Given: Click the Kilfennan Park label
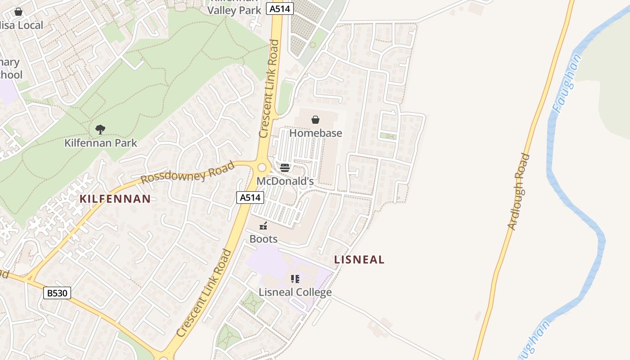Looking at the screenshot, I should (x=101, y=143).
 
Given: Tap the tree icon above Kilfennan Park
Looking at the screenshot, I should (x=100, y=130).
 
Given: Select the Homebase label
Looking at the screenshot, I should (x=315, y=133).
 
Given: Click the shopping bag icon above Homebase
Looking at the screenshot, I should (x=315, y=120).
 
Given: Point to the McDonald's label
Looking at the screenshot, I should (x=285, y=181).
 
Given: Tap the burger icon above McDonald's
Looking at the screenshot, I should (x=285, y=168).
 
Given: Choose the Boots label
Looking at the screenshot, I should (x=263, y=238).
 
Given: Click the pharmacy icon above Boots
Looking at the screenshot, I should (x=264, y=226).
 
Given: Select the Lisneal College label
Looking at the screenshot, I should (x=295, y=292).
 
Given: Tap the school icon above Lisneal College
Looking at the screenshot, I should (x=295, y=279).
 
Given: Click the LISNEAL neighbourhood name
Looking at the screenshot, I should (x=359, y=259).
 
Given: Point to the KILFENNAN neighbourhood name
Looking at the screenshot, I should (x=115, y=199).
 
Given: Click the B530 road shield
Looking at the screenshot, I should (x=58, y=293).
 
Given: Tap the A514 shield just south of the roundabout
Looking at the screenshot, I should (x=250, y=197).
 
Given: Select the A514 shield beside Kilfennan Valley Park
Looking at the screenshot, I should (x=280, y=9).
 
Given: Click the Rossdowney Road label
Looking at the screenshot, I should (x=188, y=173).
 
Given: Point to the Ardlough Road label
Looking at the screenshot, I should (x=518, y=192).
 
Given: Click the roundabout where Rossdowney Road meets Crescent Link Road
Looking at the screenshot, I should (x=262, y=167).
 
